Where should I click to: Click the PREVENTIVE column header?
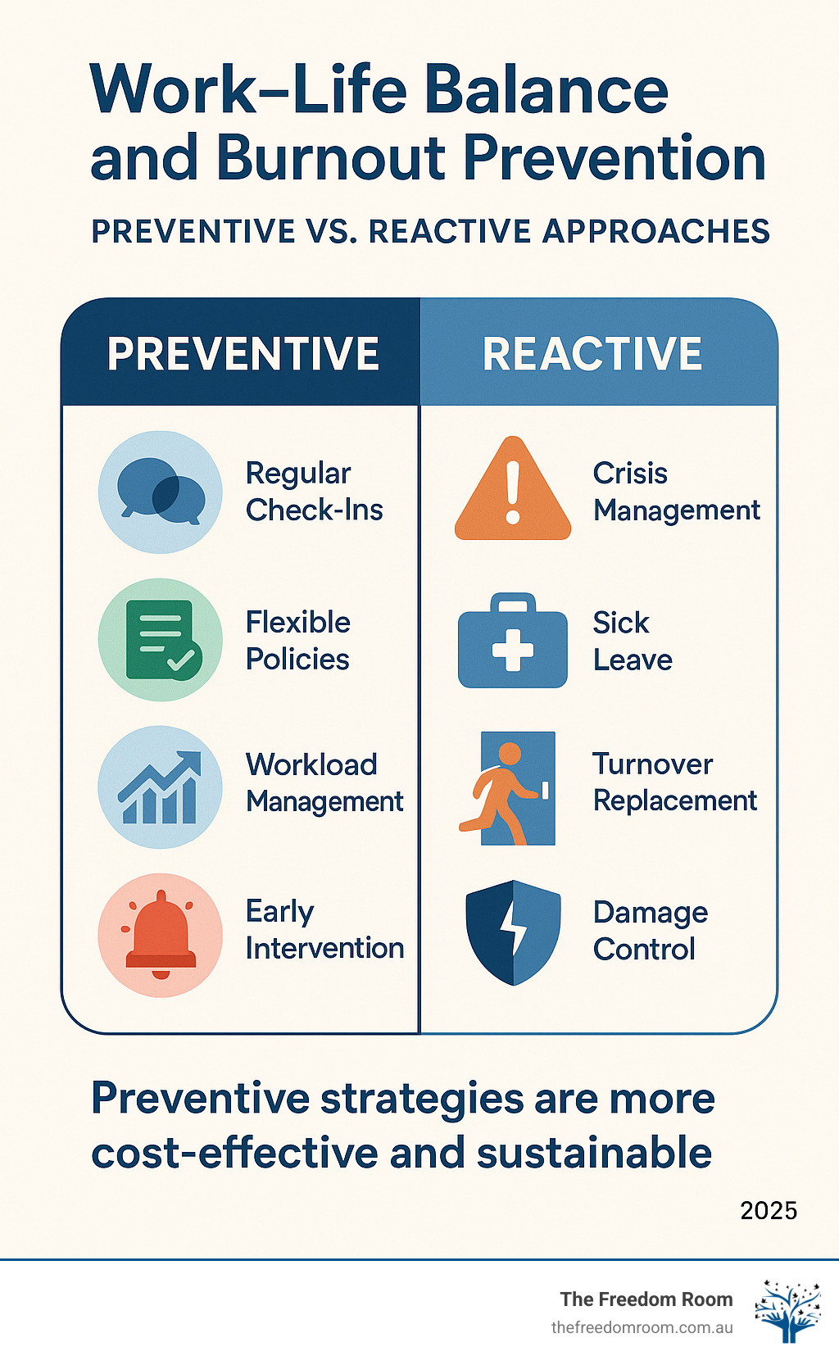[x=243, y=354]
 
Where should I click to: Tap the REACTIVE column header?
[x=592, y=354]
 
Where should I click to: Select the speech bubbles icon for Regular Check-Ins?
[x=161, y=492]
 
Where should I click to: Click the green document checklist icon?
[x=161, y=640]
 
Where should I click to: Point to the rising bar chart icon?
[x=161, y=787]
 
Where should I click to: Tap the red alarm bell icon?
[x=161, y=935]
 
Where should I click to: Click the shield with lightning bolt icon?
[x=513, y=932]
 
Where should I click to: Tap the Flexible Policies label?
[x=298, y=641]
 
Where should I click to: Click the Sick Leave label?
[x=632, y=641]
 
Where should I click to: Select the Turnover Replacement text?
[x=674, y=782]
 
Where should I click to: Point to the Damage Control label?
[x=650, y=931]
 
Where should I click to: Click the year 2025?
[x=768, y=1210]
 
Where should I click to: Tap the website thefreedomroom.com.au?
[x=642, y=1327]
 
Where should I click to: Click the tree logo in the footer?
[x=787, y=1311]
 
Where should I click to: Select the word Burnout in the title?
[x=332, y=157]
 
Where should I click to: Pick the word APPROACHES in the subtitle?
[x=655, y=232]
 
